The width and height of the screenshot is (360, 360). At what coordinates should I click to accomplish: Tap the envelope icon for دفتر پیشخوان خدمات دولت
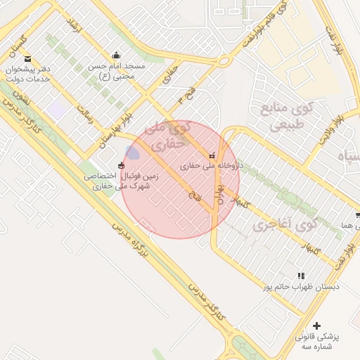(x=27, y=58)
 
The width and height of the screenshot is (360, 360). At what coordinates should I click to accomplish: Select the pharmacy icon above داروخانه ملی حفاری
(x=212, y=155)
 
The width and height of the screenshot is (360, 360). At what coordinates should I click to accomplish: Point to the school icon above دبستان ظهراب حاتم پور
(x=301, y=276)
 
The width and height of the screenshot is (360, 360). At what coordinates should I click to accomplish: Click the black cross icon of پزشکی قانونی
(x=316, y=326)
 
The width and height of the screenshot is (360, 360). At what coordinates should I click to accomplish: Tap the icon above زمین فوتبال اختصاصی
(x=122, y=166)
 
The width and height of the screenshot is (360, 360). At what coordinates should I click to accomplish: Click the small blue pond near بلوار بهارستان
(x=131, y=153)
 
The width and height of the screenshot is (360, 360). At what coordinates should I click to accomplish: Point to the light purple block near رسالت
(x=56, y=109)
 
